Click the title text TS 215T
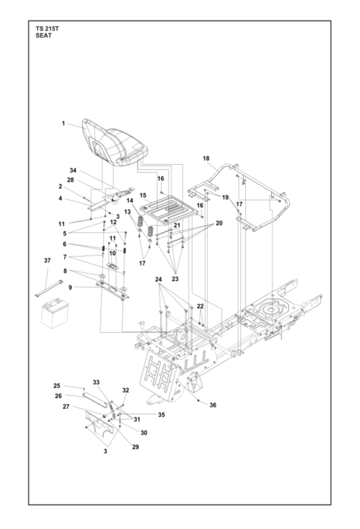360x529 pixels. point(47,29)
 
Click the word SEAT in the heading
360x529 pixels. point(43,35)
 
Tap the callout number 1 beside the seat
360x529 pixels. point(63,123)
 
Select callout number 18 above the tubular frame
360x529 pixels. point(206,158)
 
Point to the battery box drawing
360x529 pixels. point(54,313)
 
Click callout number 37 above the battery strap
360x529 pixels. point(47,260)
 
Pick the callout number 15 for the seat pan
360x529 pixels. point(143,195)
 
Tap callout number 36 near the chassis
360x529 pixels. point(213,405)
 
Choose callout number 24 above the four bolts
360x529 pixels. point(158,279)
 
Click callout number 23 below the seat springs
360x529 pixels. point(175,279)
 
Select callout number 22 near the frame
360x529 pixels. point(201,306)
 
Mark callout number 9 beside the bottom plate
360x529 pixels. point(70,287)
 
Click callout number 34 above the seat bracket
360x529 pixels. point(73,170)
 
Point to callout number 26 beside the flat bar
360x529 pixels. point(59,395)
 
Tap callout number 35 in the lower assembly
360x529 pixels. point(162,415)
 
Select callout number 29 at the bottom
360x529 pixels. point(135,447)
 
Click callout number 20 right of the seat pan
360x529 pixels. point(219,223)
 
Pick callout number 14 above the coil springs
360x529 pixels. point(130,201)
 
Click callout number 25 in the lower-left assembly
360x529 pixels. point(57,385)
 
